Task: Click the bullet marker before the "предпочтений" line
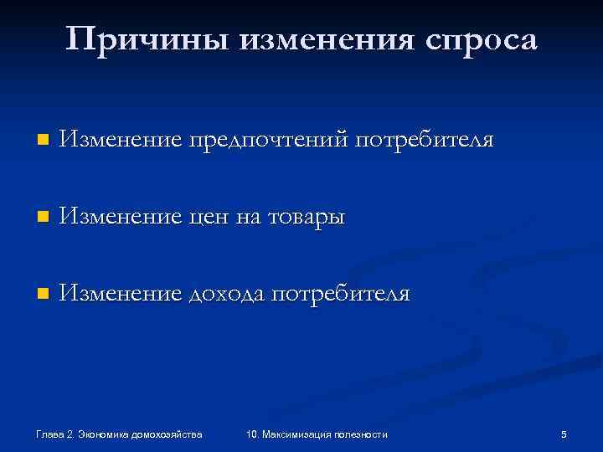44,139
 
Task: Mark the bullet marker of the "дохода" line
44,295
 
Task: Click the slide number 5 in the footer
564,434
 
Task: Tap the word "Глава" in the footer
50,434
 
